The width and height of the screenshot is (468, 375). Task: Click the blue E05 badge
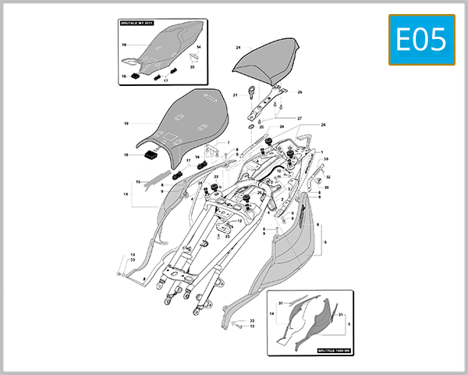pyautogui.click(x=420, y=40)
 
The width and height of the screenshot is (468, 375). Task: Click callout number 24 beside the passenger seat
pyautogui.click(x=238, y=48)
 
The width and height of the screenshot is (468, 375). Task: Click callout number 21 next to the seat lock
pyautogui.click(x=235, y=95)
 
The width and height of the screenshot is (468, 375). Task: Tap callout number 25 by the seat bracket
pyautogui.click(x=300, y=92)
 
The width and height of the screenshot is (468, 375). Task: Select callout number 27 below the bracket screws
pyautogui.click(x=300, y=118)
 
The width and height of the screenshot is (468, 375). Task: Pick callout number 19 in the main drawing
pyautogui.click(x=125, y=123)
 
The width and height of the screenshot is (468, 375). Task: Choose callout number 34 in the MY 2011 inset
pyautogui.click(x=198, y=48)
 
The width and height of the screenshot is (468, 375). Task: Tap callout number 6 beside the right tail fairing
pyautogui.click(x=318, y=224)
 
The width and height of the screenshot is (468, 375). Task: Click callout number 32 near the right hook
pyautogui.click(x=328, y=177)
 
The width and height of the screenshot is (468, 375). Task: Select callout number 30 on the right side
pyautogui.click(x=326, y=159)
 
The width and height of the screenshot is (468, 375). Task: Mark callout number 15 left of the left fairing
pyautogui.click(x=137, y=182)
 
